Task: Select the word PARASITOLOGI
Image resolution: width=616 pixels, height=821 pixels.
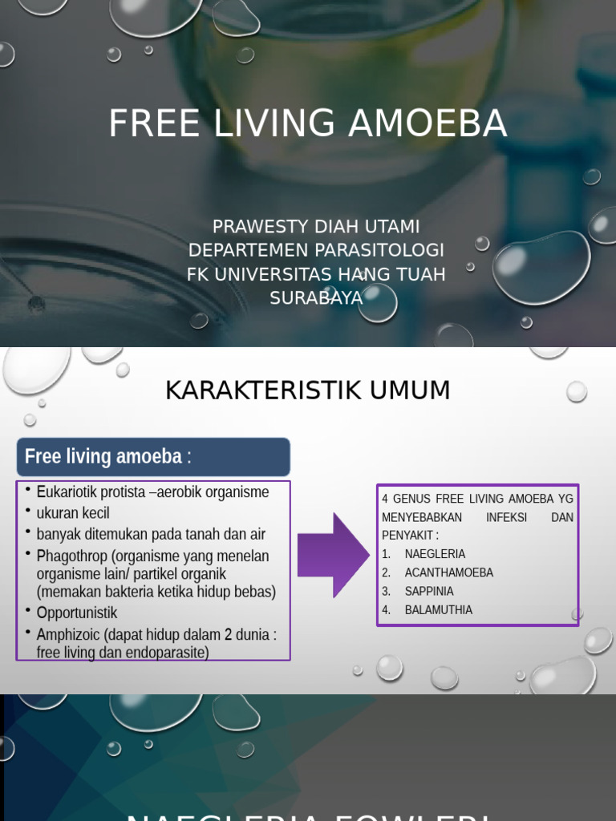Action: pyautogui.click(x=380, y=250)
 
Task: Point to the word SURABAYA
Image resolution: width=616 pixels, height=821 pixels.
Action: pyautogui.click(x=316, y=298)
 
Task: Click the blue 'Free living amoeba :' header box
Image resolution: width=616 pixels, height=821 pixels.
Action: pyautogui.click(x=153, y=457)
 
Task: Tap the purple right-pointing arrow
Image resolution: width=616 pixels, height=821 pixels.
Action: pyautogui.click(x=333, y=555)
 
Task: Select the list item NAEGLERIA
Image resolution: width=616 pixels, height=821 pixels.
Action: pyautogui.click(x=435, y=554)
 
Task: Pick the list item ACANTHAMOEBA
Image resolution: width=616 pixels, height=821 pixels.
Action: pyautogui.click(x=448, y=572)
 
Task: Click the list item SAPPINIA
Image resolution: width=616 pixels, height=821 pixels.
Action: pyautogui.click(x=429, y=591)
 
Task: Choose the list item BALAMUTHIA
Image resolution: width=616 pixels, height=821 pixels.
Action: pyautogui.click(x=438, y=610)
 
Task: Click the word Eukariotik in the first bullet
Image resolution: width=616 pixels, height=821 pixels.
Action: pyautogui.click(x=68, y=492)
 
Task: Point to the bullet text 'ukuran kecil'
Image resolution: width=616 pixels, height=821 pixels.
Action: pyautogui.click(x=73, y=513)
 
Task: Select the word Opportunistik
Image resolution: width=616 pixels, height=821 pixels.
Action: pyautogui.click(x=77, y=613)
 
